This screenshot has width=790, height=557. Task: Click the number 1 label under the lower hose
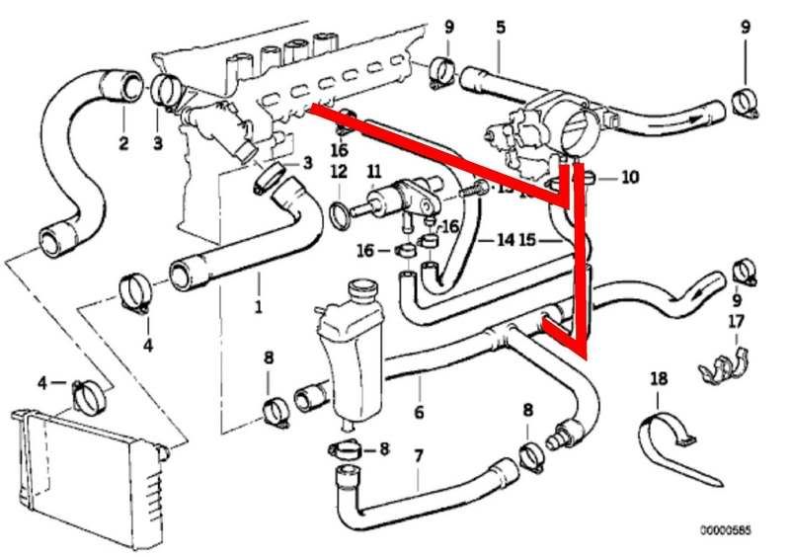point(259,307)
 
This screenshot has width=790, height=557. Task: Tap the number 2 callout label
point(123,144)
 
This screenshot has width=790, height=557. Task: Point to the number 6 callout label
point(420,413)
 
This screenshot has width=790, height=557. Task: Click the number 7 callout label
point(418,456)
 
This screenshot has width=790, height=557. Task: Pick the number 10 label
point(631,178)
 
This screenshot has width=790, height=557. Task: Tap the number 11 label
point(373,170)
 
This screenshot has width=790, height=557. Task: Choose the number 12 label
point(339,171)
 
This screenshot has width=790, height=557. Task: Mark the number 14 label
point(506,240)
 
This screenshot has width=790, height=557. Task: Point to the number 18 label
point(659,378)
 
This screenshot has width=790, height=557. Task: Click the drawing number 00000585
point(726,530)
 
